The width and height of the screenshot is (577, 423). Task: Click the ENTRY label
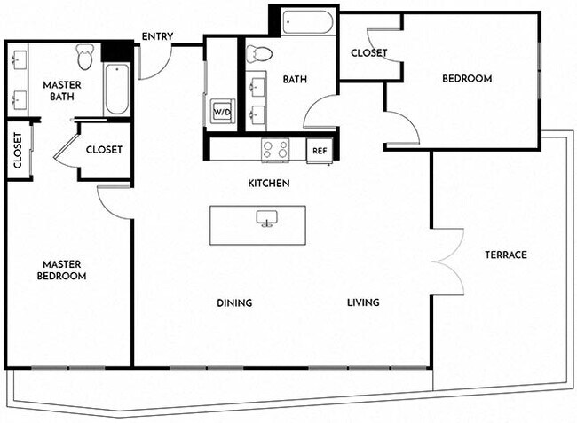click(157, 37)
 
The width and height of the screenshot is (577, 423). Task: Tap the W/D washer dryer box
click(221, 113)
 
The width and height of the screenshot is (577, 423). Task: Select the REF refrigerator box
click(319, 151)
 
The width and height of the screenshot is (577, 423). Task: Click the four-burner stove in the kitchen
click(275, 150)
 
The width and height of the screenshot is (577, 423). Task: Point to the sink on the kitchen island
click(265, 218)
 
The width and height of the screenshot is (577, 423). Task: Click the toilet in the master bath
click(85, 58)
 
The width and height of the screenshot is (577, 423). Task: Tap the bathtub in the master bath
click(116, 89)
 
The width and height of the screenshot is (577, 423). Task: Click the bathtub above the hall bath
click(307, 21)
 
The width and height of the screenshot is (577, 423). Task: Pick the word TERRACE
click(506, 255)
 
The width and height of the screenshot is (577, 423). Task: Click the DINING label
click(234, 303)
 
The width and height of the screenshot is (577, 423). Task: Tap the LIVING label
click(363, 303)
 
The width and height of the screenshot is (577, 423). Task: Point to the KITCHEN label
click(269, 184)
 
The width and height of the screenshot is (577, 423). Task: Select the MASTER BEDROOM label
click(61, 270)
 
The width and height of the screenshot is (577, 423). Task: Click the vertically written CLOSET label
click(18, 151)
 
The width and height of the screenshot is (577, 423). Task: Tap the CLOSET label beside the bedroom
click(368, 53)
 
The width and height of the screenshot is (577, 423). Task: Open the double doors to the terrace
click(448, 261)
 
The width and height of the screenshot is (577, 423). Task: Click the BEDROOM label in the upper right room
click(467, 79)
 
